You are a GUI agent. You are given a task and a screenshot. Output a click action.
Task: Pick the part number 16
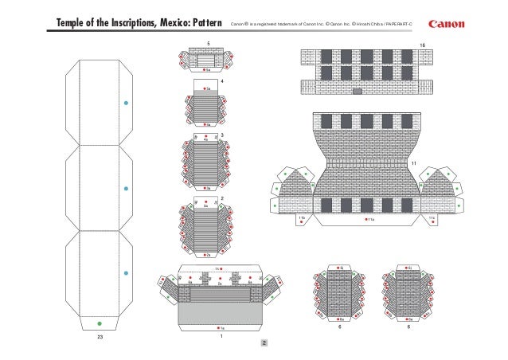click(x=422, y=44)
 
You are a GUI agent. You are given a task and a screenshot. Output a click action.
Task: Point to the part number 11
click(x=414, y=162)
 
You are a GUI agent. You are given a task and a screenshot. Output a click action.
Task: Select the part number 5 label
click(x=209, y=43)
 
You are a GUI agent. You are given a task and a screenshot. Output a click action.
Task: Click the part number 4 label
click(x=222, y=82)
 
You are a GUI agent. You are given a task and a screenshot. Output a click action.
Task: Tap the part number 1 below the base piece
click(x=221, y=336)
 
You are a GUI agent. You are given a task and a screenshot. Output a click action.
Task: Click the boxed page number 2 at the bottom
click(x=264, y=344)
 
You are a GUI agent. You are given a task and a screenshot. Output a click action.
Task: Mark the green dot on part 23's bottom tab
click(x=99, y=323)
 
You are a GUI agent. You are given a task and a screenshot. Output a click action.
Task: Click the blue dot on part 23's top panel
click(x=126, y=104)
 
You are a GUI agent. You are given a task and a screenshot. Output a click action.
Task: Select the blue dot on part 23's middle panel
click(x=126, y=189)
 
